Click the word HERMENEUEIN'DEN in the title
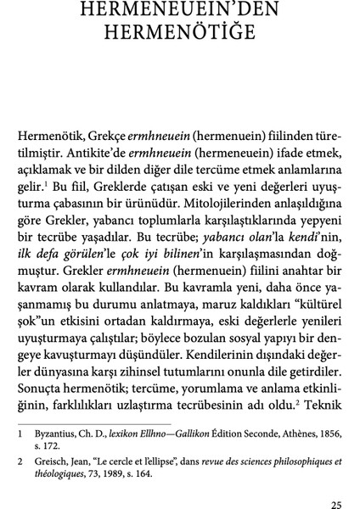tap(180, 15)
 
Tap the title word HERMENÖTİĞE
tap(180, 41)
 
